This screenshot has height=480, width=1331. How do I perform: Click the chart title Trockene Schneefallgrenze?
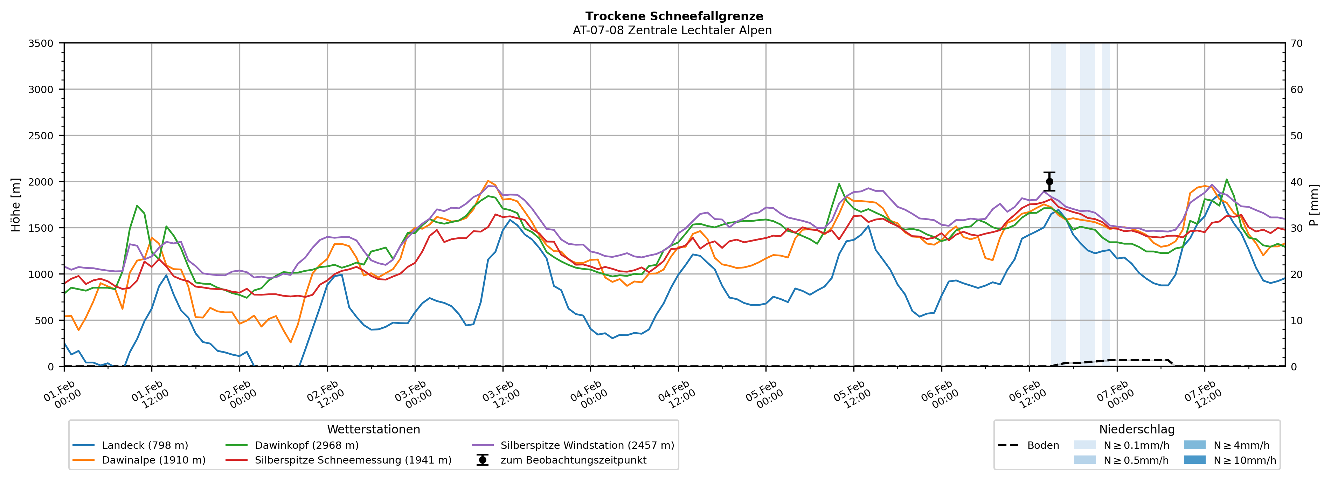[674, 16]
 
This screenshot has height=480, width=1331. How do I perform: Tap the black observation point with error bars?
[1049, 181]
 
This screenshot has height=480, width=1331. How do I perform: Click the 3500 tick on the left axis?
[41, 43]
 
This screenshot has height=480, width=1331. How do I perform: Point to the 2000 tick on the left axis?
[41, 182]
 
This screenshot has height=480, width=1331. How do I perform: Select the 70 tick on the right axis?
[1297, 43]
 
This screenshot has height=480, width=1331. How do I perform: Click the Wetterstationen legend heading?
[374, 429]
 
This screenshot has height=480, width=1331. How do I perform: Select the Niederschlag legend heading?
[1137, 429]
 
